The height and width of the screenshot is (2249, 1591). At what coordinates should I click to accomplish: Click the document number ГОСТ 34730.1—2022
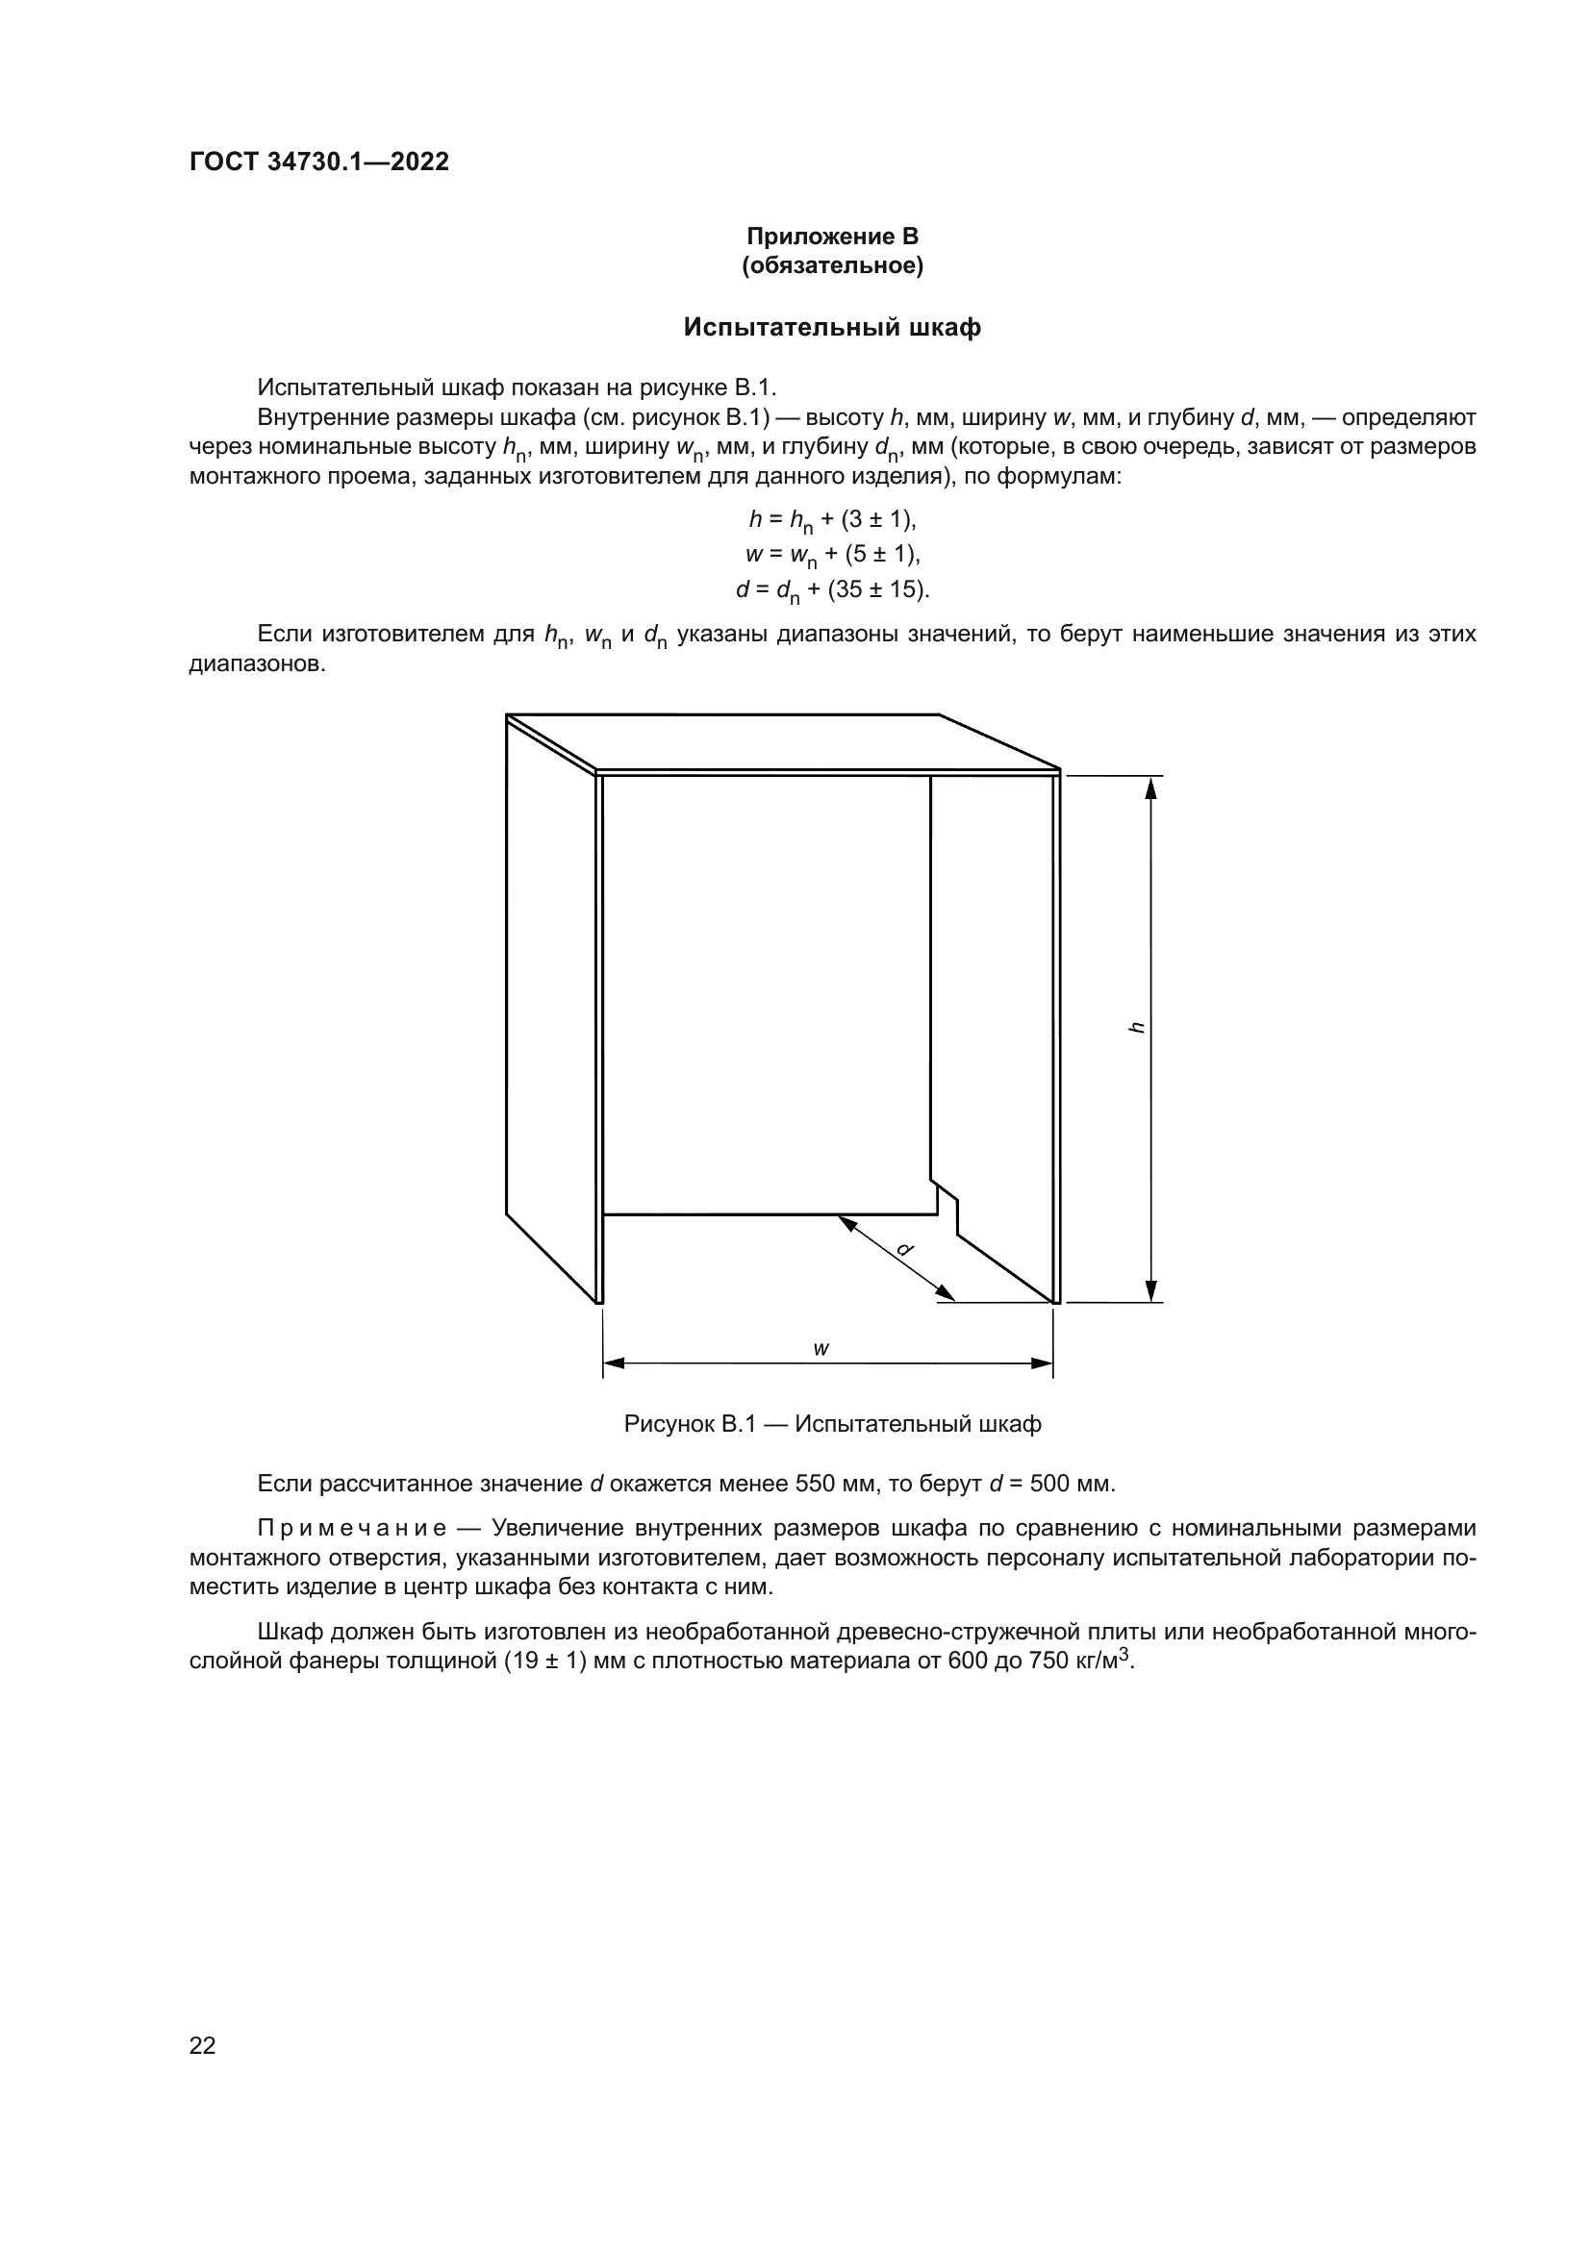[x=318, y=162]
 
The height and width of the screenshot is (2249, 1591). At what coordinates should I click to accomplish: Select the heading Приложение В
[x=832, y=237]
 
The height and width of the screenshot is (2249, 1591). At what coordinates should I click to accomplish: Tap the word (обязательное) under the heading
[x=832, y=266]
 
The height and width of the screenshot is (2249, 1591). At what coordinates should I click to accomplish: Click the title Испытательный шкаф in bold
[x=832, y=327]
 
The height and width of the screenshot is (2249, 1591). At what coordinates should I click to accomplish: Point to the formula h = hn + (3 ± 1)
[x=832, y=520]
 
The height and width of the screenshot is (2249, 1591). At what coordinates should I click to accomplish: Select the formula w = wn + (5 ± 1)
[x=832, y=556]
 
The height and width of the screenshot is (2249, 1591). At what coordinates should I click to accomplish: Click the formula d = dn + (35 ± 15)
[x=832, y=590]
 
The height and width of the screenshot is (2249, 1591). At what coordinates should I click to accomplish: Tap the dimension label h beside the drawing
[x=1136, y=1028]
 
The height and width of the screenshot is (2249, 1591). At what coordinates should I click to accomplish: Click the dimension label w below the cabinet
[x=821, y=1349]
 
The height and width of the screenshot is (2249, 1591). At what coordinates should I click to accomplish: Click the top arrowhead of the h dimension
[x=1152, y=787]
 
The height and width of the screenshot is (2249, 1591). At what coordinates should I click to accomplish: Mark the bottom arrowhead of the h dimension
[x=1152, y=1291]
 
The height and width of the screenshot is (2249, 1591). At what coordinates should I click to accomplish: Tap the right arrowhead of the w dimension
[x=1042, y=1362]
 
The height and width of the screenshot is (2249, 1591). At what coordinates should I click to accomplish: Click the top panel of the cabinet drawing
[x=784, y=741]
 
